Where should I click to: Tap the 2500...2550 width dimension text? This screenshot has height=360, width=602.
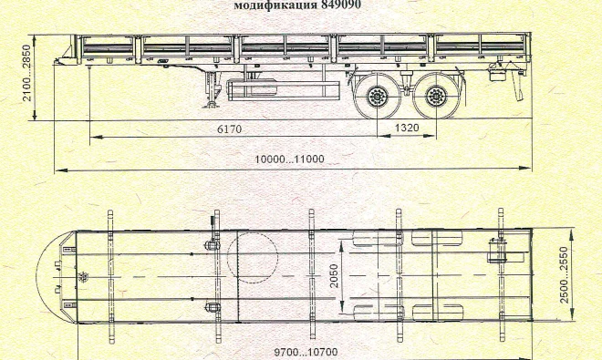point(566,274)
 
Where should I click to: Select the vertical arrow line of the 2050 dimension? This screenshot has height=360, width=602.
point(340,273)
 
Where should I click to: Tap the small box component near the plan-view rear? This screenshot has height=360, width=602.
point(498,252)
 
